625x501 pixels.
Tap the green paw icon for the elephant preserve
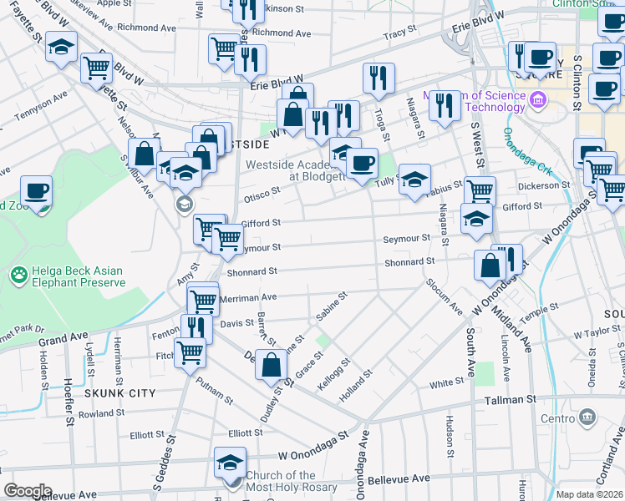18,273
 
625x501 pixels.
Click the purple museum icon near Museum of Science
537,102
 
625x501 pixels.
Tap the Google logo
28,491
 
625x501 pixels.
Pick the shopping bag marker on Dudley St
271,366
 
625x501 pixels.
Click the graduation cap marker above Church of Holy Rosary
231,462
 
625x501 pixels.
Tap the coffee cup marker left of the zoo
36,190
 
